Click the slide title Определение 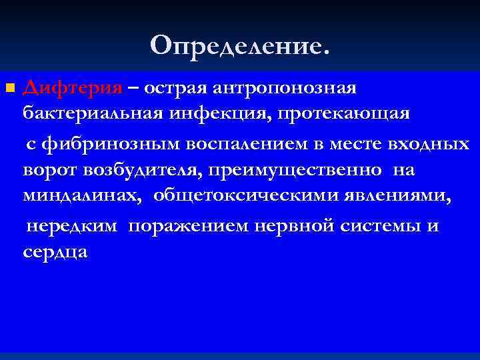coord(239,45)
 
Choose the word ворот coord(50,171)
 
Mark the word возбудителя coord(141,171)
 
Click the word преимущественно coord(294,171)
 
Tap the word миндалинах coord(84,197)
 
